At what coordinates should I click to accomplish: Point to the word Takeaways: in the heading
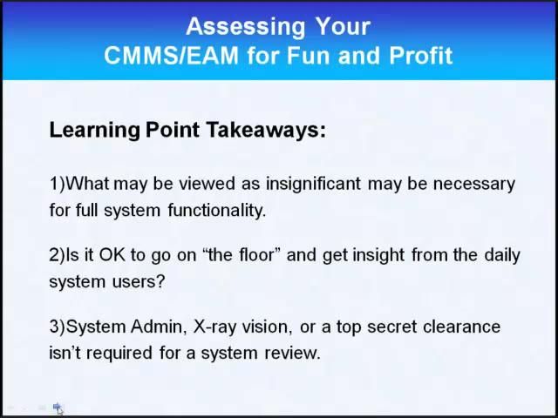(266, 131)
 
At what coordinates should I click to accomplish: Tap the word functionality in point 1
(209, 210)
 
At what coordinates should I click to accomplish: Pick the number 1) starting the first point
(58, 184)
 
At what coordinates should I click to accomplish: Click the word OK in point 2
(96, 255)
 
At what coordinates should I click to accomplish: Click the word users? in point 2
(139, 281)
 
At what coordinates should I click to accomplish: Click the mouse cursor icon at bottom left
(58, 408)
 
